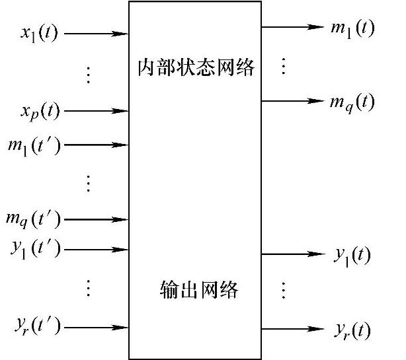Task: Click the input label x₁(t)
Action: (39, 34)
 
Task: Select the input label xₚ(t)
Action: (40, 112)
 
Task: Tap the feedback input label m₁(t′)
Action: (34, 147)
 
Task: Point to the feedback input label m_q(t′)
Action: (34, 220)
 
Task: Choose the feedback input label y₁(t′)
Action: (36, 249)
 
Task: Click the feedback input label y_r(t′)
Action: (38, 326)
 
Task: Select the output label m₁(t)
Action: (352, 29)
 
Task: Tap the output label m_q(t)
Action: (352, 103)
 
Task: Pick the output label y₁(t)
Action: (352, 256)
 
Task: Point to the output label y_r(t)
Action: (352, 330)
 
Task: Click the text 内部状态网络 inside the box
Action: (196, 67)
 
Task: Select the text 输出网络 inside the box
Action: (198, 290)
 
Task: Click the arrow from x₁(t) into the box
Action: (97, 34)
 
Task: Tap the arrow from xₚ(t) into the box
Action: (97, 111)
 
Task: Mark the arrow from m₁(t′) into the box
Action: (97, 145)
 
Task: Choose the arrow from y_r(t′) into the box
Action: (97, 328)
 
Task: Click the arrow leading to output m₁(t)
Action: (292, 27)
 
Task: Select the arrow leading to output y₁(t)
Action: (293, 254)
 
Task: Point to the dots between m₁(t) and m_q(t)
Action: (284, 66)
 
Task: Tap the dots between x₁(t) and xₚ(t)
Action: (89, 75)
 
